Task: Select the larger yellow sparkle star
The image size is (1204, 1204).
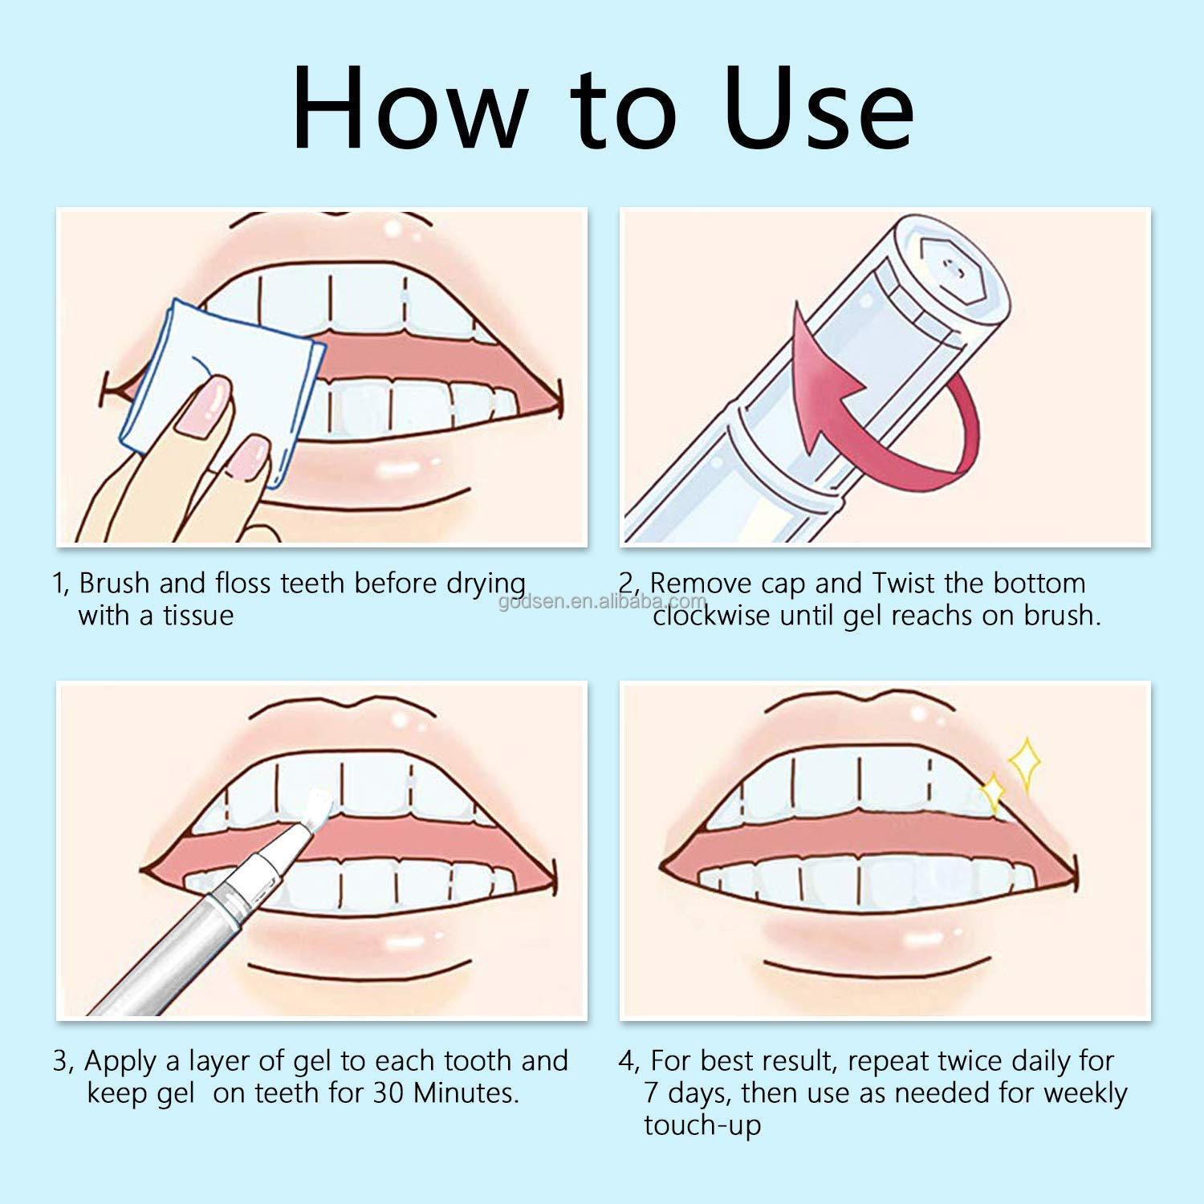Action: click(1025, 762)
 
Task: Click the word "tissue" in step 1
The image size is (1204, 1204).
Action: click(198, 616)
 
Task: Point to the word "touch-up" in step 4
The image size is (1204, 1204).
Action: click(702, 1125)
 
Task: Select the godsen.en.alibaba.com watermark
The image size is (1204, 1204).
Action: click(602, 601)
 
